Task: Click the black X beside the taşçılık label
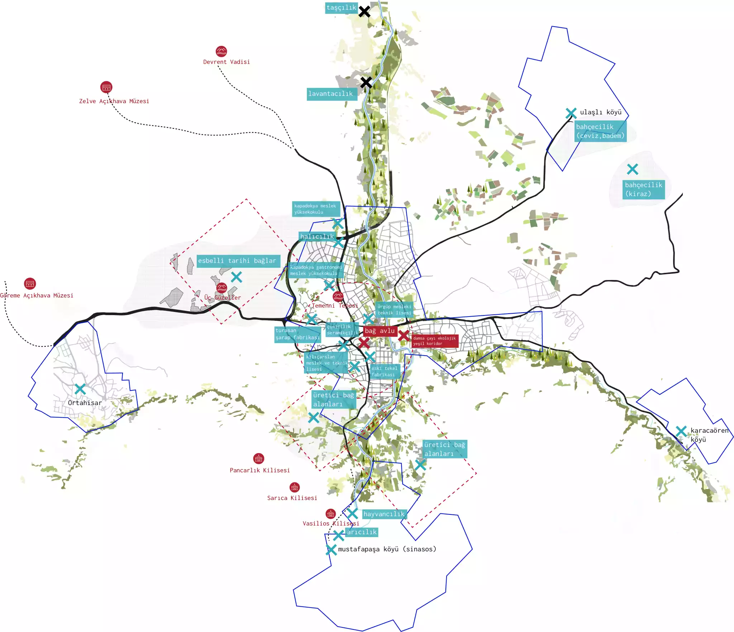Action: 364,11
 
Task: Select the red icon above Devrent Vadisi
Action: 221,51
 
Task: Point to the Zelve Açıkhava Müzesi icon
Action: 106,87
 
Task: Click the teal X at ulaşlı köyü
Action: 571,113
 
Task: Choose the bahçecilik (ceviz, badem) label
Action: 600,131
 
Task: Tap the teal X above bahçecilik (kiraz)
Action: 633,169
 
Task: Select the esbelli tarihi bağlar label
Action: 238,261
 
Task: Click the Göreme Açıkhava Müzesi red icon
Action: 30,284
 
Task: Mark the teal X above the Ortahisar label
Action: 80,389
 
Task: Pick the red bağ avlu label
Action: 380,331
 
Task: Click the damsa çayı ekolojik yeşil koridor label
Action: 434,341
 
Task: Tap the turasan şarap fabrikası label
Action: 297,334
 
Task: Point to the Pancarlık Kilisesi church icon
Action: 258,458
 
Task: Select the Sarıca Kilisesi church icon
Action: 295,487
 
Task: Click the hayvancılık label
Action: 384,514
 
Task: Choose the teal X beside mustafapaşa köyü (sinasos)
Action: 331,550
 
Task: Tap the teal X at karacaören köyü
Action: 681,431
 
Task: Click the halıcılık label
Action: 317,237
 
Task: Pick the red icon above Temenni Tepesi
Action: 338,296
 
